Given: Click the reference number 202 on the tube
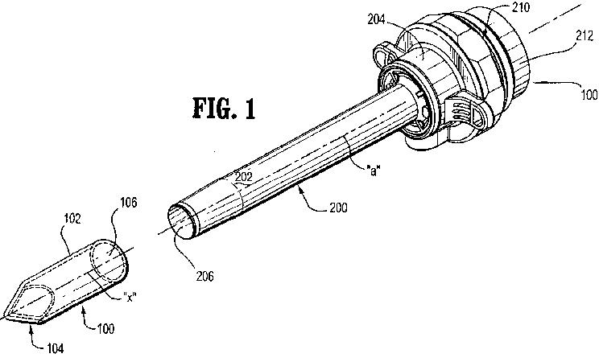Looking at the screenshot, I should [x=242, y=176].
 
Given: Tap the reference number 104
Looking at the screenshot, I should [x=54, y=348].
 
